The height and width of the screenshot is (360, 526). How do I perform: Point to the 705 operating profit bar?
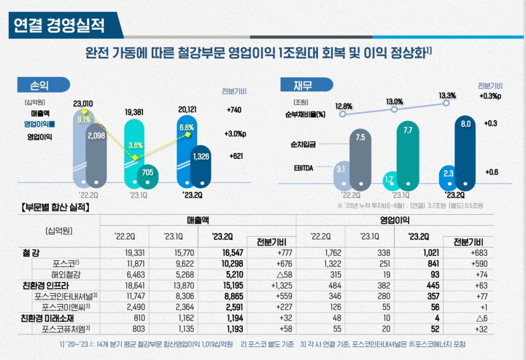(147, 173)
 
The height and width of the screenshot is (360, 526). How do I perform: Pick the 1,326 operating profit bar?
(201, 157)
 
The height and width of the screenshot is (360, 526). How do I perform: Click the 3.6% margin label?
(136, 145)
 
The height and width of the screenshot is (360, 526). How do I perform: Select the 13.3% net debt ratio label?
(447, 95)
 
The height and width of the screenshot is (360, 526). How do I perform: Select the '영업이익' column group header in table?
(395, 220)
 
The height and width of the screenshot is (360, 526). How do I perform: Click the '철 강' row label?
(31, 254)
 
